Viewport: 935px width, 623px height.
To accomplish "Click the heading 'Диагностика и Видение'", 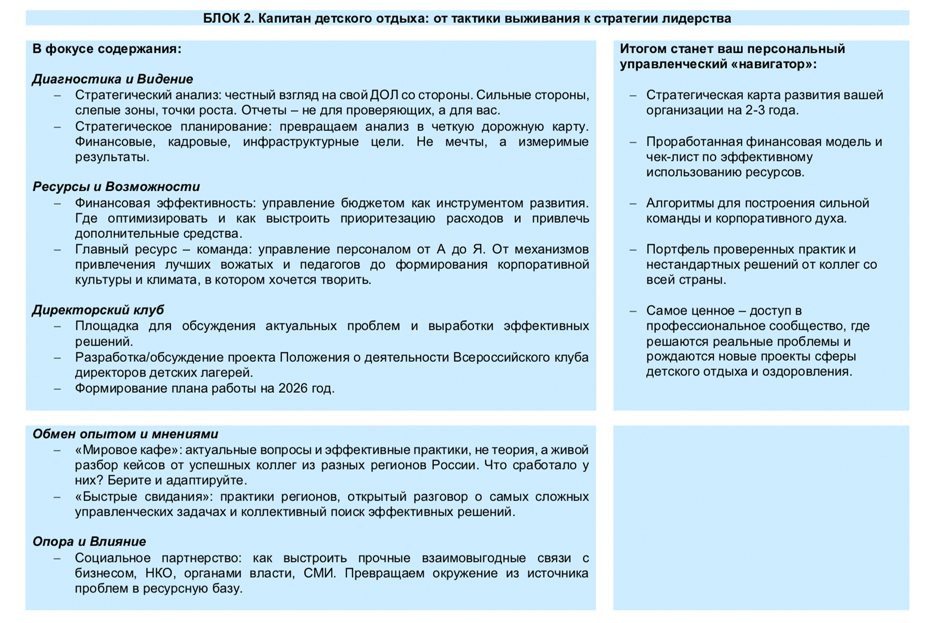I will pos(113,79).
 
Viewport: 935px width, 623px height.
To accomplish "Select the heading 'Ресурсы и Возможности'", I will pos(116,187).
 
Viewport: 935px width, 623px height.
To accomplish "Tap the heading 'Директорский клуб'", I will pos(98,310).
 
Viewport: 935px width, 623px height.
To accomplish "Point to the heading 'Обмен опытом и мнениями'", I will pos(125,434).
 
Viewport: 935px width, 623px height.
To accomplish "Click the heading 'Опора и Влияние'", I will pos(89,542).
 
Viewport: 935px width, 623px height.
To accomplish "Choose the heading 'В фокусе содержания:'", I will pos(107,49).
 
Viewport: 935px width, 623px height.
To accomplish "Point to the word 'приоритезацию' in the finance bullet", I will pos(388,219).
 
